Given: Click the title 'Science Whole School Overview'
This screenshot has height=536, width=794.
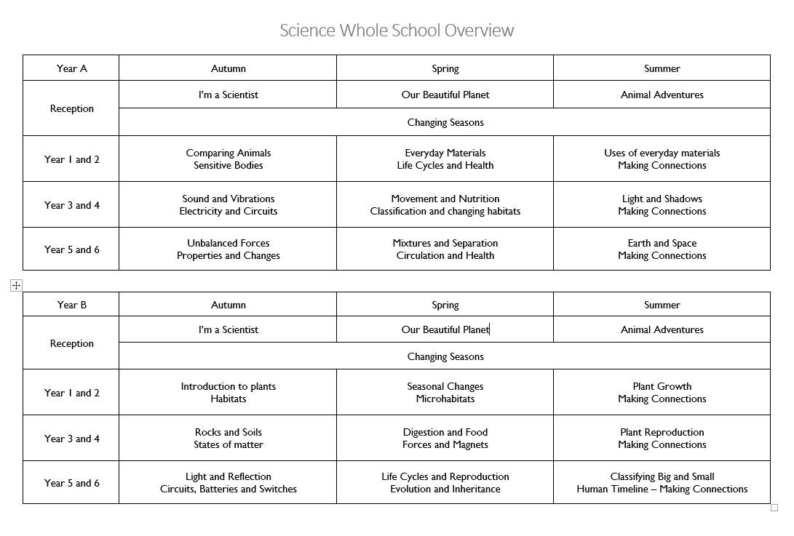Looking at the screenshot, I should (397, 31).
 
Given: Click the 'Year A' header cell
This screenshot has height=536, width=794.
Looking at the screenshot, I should (71, 68).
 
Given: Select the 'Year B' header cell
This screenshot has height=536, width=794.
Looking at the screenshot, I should (71, 305).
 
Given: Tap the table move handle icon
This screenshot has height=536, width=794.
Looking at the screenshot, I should (16, 286).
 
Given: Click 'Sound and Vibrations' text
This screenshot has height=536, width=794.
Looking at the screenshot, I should (229, 199).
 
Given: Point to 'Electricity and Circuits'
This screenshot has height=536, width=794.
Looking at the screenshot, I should (229, 212).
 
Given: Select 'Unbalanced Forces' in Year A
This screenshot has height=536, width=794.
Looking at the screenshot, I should (229, 243).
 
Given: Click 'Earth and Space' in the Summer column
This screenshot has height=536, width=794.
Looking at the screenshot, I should (662, 243).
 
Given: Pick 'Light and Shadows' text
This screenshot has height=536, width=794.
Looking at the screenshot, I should (662, 199).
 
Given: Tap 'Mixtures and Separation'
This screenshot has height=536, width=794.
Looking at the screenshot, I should (445, 243).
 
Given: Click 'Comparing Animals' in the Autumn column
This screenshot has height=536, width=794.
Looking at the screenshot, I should (229, 153).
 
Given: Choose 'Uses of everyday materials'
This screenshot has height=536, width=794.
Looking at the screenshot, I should (662, 153).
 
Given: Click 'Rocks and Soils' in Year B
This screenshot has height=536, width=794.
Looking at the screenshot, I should (229, 432).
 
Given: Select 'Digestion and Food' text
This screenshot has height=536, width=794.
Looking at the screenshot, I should (445, 432).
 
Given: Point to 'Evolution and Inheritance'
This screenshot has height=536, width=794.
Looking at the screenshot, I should (445, 489).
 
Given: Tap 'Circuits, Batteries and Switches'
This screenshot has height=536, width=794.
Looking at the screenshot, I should (229, 489).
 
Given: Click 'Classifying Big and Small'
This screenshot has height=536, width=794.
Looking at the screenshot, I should (662, 476).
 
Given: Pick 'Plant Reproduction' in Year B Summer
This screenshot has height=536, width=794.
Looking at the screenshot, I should (662, 432).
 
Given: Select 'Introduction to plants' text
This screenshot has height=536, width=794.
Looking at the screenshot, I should (229, 386).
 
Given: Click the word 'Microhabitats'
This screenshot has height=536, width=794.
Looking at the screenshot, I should (445, 399).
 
